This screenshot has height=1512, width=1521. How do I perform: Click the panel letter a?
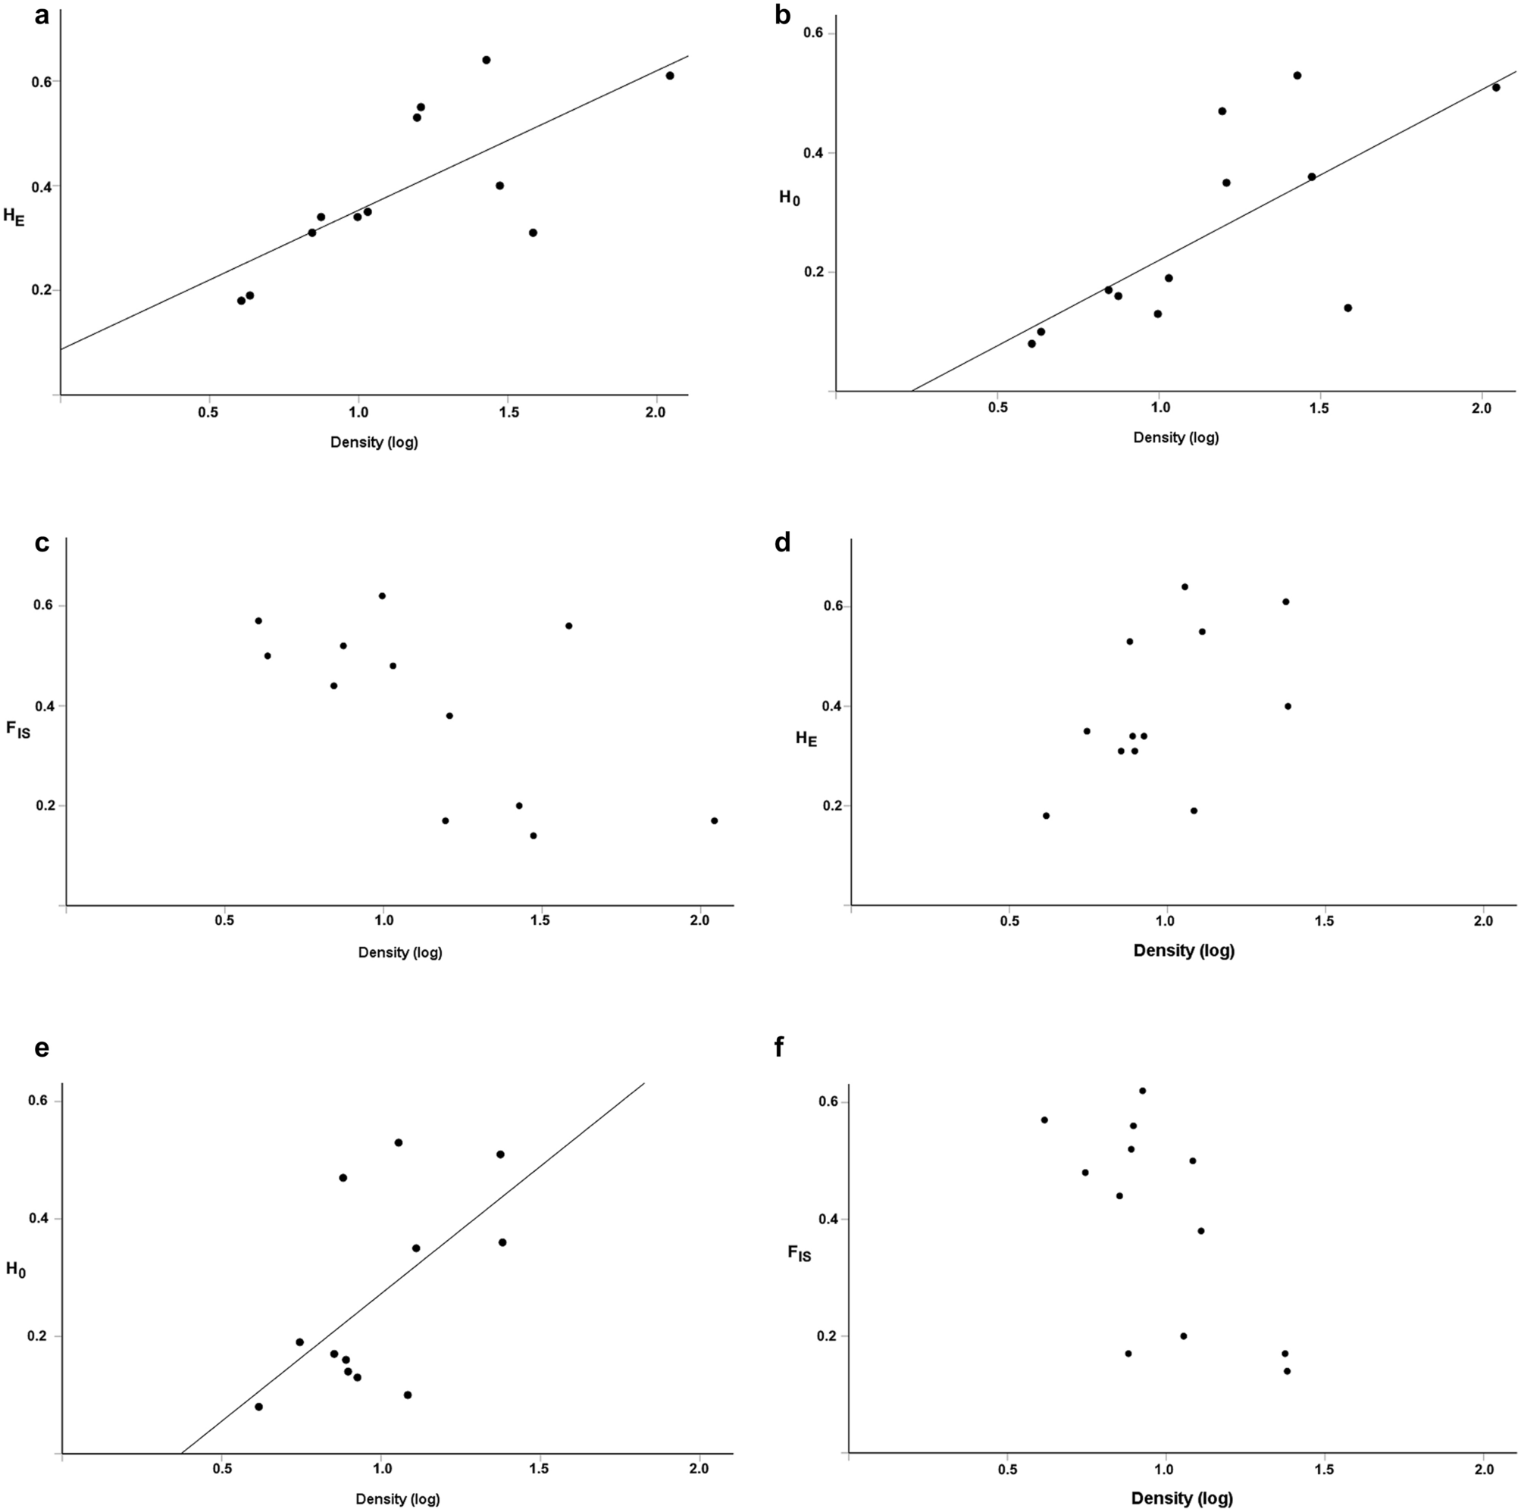(x=42, y=16)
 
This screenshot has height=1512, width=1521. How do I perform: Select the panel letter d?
(x=783, y=543)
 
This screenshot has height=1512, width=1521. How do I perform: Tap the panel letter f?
(x=779, y=1048)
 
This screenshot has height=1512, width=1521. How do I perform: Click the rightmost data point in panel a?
(x=670, y=76)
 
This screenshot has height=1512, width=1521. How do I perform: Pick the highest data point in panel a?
(x=487, y=60)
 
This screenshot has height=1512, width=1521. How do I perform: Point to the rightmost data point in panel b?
(x=1496, y=87)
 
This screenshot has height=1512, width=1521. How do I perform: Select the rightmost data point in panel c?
(x=714, y=821)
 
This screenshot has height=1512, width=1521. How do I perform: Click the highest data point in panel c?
(x=382, y=596)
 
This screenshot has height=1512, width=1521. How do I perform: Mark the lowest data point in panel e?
(x=259, y=1407)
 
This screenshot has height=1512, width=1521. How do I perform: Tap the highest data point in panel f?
(x=1142, y=1091)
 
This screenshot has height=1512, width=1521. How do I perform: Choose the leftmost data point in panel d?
(x=1047, y=815)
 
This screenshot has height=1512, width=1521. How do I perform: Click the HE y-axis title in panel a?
(x=14, y=217)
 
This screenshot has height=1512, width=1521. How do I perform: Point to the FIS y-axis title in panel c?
(x=18, y=729)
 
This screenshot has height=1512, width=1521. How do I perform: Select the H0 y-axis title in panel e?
(x=16, y=1269)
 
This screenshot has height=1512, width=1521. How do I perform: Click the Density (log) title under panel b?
(x=1175, y=438)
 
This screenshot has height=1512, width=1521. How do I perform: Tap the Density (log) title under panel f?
(x=1181, y=1498)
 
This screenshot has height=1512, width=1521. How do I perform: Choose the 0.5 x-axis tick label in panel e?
(x=222, y=1469)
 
